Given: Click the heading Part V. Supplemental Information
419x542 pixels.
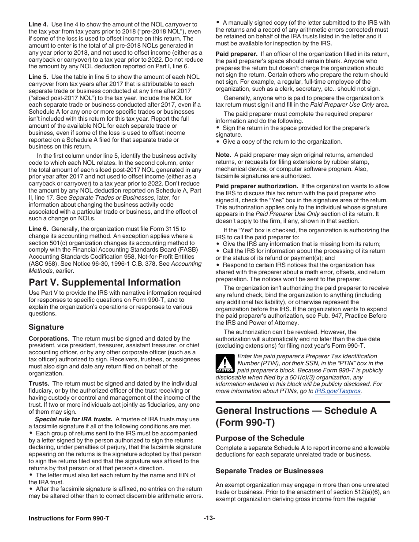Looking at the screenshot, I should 105,282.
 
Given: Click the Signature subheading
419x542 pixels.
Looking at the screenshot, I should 46,327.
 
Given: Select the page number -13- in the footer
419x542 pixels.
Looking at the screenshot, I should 209,519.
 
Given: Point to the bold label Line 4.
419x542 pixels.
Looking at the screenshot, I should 38,24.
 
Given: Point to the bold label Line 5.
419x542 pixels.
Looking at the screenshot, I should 38,77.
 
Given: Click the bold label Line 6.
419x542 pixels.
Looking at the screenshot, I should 38,229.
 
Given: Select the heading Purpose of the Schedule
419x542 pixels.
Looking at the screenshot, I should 260,438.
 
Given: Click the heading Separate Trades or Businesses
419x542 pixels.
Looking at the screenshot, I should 269,471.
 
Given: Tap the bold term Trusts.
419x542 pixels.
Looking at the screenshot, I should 39,384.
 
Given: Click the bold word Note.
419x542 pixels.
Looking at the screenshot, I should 223,155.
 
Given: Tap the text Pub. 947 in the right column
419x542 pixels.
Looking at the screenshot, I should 349,316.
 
